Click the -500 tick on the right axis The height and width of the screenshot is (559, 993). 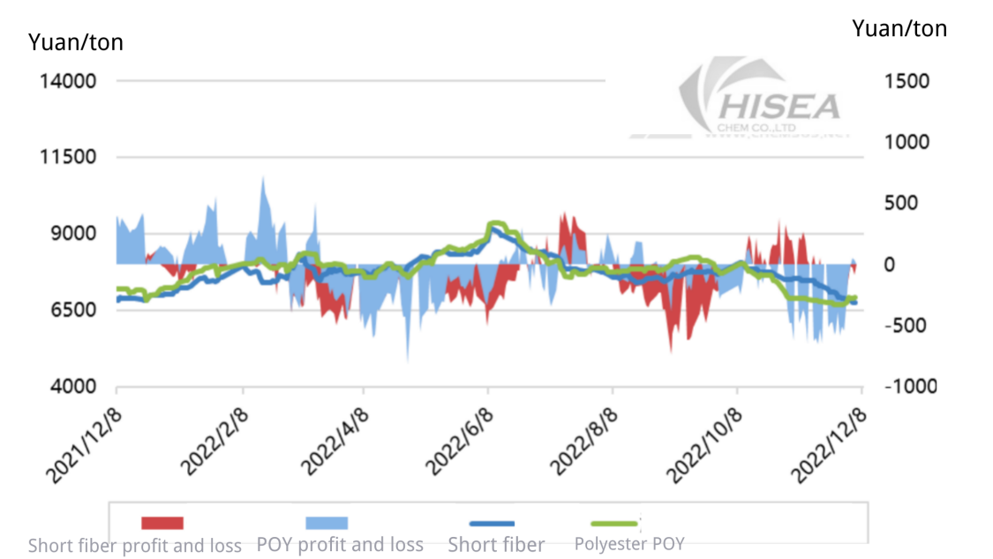tap(906, 325)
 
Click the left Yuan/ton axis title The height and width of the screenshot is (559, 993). tap(76, 41)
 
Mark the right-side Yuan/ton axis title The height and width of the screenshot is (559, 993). tap(899, 28)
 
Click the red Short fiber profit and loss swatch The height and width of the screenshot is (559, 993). tap(162, 523)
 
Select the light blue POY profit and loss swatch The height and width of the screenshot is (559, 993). tap(327, 523)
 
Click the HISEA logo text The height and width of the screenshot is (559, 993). tap(781, 106)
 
